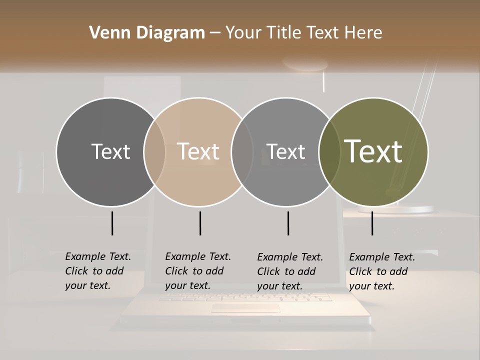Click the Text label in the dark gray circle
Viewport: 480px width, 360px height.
[x=110, y=151]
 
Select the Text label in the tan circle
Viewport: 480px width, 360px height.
[x=198, y=151]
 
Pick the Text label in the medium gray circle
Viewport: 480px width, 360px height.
[x=286, y=151]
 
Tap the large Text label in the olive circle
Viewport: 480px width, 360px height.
[x=373, y=151]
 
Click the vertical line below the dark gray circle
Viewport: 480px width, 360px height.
[x=112, y=223]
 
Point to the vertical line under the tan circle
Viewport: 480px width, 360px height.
[x=200, y=223]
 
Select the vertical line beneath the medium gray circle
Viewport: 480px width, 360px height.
[x=288, y=223]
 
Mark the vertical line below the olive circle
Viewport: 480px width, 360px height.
[x=372, y=223]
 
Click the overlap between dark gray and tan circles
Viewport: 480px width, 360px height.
[x=154, y=151]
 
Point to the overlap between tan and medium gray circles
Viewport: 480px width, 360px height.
[x=242, y=151]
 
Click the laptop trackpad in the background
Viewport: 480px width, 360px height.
[x=245, y=308]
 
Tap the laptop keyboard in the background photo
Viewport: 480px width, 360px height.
[x=245, y=297]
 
